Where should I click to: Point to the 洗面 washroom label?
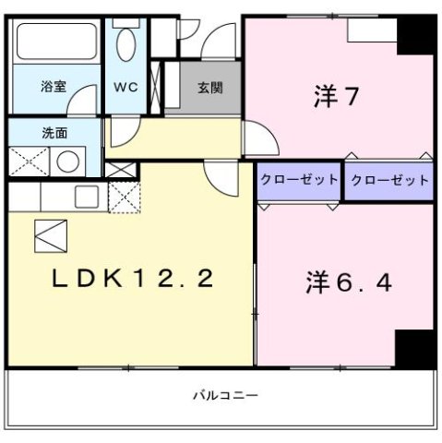pos(54,132)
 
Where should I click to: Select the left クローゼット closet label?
pos(298,179)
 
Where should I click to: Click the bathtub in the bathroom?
pos(55,42)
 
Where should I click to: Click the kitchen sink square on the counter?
pos(87,196)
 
